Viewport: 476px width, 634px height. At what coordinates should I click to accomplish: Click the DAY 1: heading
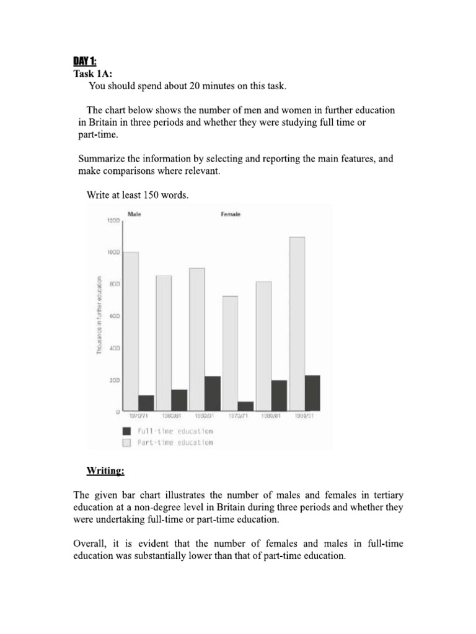click(87, 61)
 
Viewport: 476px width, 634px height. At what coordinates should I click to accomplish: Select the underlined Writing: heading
click(105, 471)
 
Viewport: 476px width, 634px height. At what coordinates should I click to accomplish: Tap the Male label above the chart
click(134, 214)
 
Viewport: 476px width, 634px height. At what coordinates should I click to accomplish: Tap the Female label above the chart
click(231, 214)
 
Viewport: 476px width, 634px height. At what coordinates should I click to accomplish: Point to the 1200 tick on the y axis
click(113, 221)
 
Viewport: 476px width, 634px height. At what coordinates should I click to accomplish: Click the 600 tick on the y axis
click(115, 316)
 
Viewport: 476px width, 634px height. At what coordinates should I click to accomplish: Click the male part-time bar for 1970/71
click(131, 322)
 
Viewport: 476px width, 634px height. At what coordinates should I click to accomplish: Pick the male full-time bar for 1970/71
click(146, 403)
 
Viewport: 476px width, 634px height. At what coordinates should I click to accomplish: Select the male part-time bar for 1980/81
click(164, 341)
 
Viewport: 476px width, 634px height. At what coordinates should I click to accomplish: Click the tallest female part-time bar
click(297, 322)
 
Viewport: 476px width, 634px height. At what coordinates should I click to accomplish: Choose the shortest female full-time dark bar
click(246, 406)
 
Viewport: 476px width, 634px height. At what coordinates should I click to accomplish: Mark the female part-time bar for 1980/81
click(263, 344)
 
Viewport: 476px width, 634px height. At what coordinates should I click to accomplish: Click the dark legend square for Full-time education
click(127, 431)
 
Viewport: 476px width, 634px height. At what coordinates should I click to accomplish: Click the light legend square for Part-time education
click(127, 443)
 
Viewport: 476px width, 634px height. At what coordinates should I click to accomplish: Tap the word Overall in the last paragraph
click(90, 544)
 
